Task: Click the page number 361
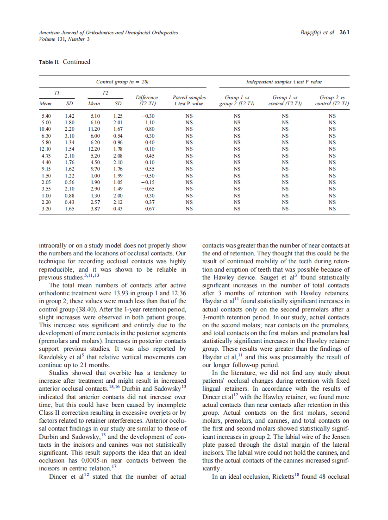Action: click(x=344, y=32)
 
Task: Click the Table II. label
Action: click(x=49, y=62)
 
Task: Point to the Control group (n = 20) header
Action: click(x=122, y=82)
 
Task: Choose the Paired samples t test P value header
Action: click(x=189, y=101)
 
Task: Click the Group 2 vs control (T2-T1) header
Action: click(x=332, y=101)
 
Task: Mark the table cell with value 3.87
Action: click(x=95, y=209)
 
